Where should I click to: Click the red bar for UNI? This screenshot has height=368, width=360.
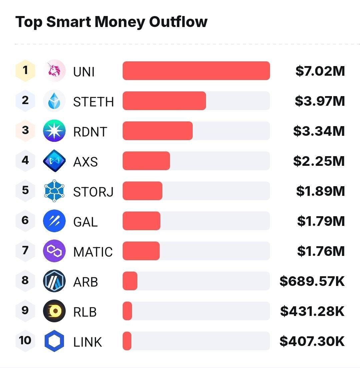click(196, 71)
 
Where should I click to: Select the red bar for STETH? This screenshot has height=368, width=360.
click(164, 101)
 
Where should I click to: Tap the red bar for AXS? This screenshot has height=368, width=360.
click(146, 161)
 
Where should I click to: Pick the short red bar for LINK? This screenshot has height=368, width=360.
click(127, 341)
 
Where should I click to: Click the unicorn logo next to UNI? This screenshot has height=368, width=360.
click(54, 71)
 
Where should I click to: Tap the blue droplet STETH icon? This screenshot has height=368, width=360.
click(54, 101)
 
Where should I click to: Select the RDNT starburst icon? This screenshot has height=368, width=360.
click(54, 131)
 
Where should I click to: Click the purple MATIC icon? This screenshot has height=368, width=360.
click(54, 251)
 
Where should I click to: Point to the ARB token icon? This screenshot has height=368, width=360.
click(54, 281)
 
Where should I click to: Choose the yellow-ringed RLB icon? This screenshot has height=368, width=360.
click(54, 311)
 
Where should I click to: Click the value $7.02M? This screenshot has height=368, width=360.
click(320, 71)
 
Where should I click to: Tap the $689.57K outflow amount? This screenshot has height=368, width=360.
click(312, 281)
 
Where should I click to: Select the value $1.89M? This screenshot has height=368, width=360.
click(320, 191)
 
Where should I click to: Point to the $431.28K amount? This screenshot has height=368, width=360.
click(312, 311)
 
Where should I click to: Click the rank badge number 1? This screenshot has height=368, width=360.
click(25, 70)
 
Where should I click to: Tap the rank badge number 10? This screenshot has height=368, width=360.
click(25, 341)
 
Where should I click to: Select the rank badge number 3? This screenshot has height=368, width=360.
click(25, 130)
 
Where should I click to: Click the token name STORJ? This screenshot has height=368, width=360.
click(93, 192)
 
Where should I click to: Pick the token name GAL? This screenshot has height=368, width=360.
click(85, 222)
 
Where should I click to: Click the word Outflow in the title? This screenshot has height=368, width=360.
click(178, 22)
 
